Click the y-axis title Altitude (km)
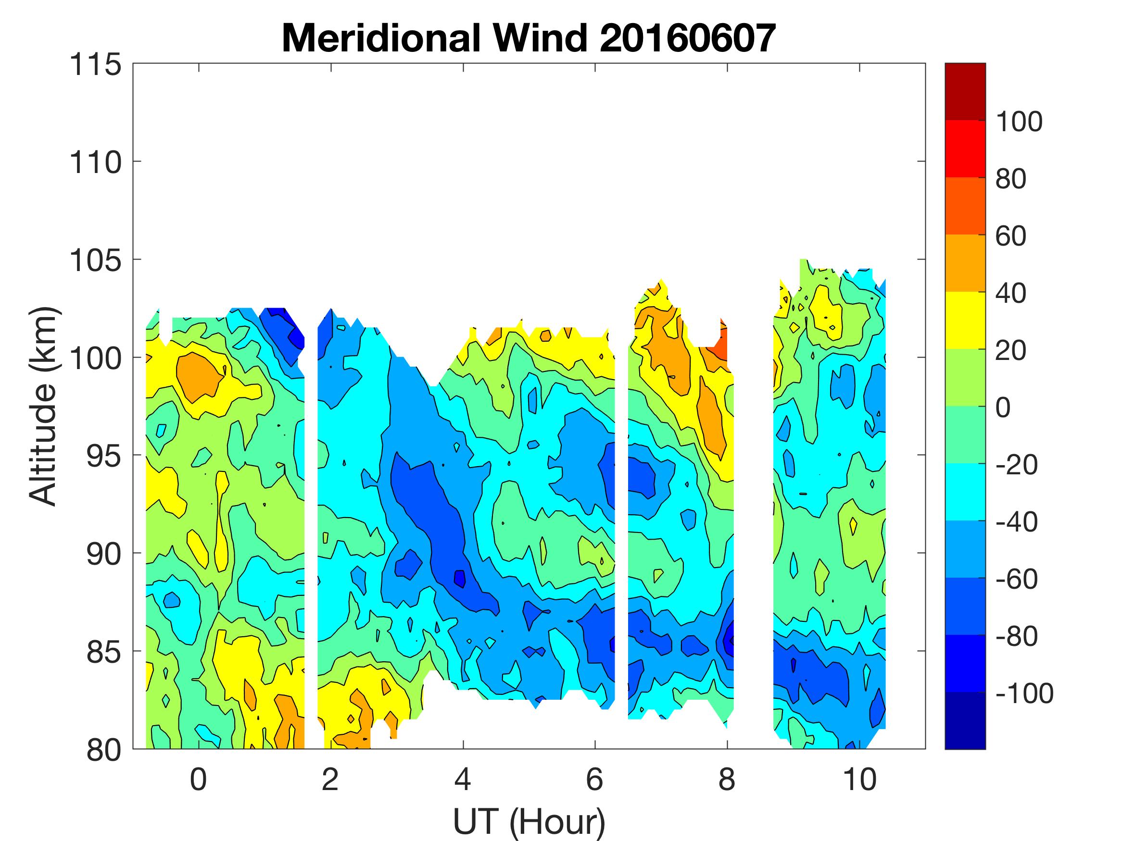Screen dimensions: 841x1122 click(x=43, y=406)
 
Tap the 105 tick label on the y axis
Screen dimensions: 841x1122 click(x=95, y=260)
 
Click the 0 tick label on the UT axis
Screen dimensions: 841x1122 click(x=198, y=779)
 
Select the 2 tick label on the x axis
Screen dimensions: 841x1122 click(x=330, y=779)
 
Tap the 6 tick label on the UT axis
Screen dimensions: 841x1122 click(x=594, y=779)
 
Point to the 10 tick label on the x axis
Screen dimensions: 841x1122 click(x=859, y=779)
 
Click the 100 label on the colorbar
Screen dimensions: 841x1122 click(x=1019, y=122)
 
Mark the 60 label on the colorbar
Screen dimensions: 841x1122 click(x=1011, y=236)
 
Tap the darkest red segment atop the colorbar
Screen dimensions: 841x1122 click(x=965, y=91)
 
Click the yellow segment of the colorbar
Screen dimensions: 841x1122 click(x=965, y=320)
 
